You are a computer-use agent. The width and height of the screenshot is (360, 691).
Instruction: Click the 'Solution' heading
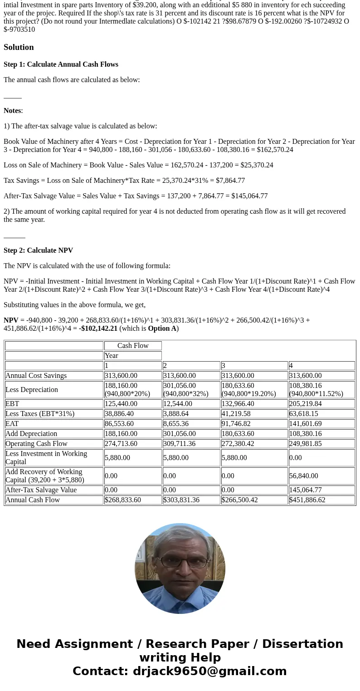click(19, 47)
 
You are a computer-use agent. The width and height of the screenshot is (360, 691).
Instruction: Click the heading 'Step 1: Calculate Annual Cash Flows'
click(61, 64)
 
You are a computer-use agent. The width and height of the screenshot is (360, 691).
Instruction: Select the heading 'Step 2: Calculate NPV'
click(38, 250)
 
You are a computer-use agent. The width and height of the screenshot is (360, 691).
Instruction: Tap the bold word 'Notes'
click(12, 111)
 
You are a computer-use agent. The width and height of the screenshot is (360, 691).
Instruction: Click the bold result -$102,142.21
click(98, 328)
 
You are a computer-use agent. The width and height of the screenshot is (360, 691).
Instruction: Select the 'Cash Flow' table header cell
click(133, 346)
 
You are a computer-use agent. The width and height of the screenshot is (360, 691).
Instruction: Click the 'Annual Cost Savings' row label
click(36, 376)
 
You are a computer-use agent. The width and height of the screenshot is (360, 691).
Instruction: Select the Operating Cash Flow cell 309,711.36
click(180, 444)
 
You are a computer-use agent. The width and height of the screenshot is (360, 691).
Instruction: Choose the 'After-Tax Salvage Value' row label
click(41, 490)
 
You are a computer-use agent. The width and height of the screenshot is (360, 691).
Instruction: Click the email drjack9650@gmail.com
click(210, 671)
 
